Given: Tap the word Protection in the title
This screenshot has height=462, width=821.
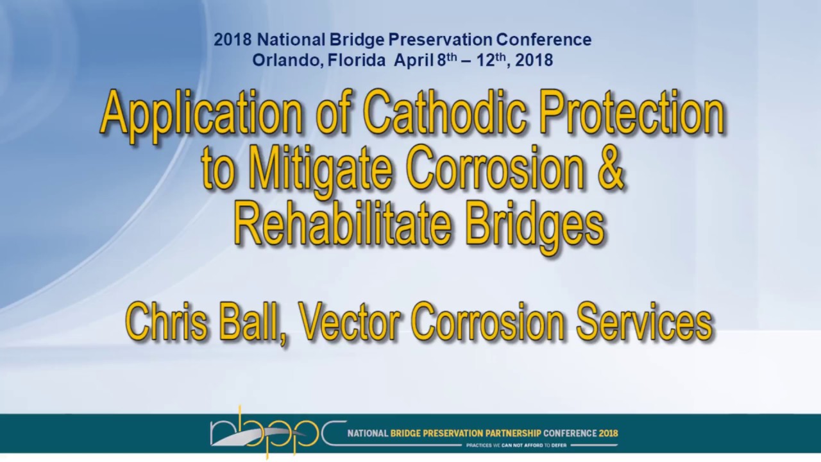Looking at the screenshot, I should (x=632, y=113).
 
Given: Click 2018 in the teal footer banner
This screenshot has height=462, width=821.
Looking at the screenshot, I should (x=608, y=433).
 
